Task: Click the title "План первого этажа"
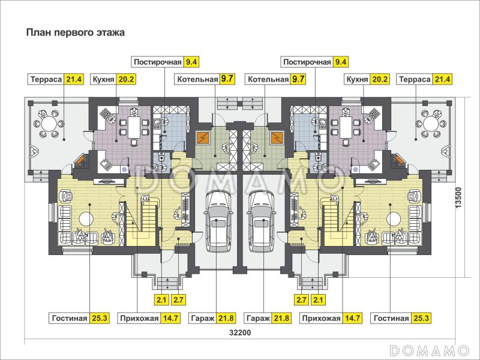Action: point(74,32)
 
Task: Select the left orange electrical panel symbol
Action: point(203,137)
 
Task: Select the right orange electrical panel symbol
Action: point(277,137)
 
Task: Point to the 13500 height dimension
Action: point(458,195)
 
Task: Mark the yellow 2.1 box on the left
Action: point(161,299)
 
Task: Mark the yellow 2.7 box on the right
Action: point(301,299)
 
